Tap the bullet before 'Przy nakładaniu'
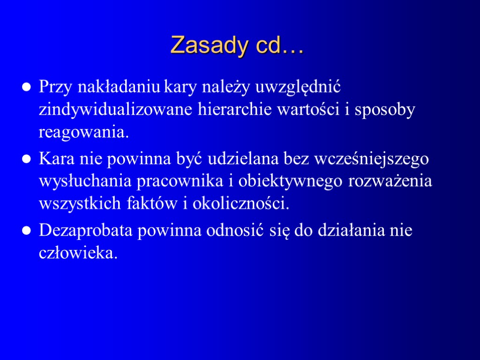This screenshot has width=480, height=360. click(28, 87)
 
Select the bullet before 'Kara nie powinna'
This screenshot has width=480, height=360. click(28, 159)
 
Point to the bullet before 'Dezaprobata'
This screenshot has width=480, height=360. click(28, 232)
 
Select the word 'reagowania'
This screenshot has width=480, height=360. click(82, 133)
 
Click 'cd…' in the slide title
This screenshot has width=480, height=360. click(280, 45)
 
